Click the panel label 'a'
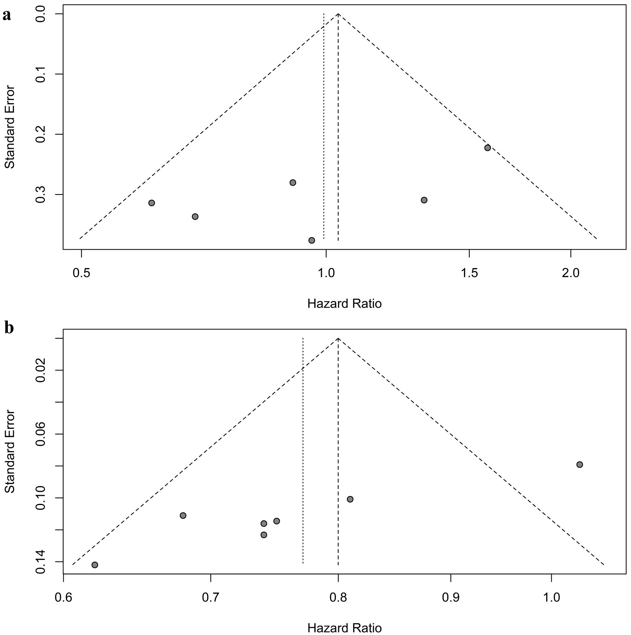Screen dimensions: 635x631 [x=6, y=16]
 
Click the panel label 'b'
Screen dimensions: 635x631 [x=9, y=328]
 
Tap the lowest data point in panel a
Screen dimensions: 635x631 [x=312, y=240]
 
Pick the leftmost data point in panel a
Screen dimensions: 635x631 [x=152, y=203]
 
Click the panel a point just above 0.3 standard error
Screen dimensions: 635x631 [x=293, y=183]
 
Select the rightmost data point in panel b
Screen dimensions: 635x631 [x=580, y=464]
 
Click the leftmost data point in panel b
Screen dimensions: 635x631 [x=95, y=565]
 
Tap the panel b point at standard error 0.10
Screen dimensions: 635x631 [x=350, y=499]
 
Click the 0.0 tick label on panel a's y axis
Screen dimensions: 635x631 [x=41, y=14]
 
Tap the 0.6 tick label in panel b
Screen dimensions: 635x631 [x=63, y=597]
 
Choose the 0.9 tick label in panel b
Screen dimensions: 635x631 [x=451, y=597]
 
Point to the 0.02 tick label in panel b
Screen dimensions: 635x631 [x=41, y=370]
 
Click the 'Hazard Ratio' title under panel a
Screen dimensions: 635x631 [x=344, y=304]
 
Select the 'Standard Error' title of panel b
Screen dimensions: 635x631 [x=10, y=452]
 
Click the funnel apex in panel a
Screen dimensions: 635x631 [x=338, y=14]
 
